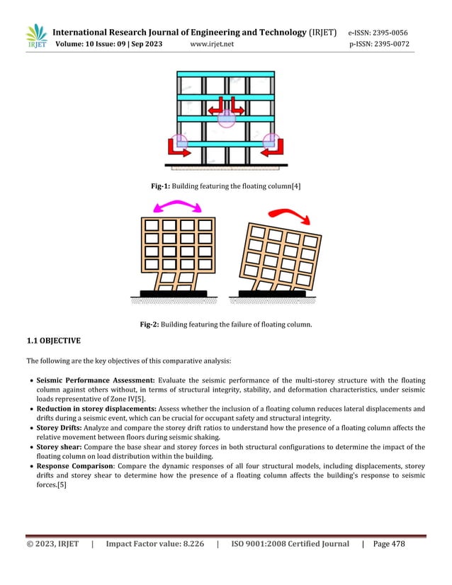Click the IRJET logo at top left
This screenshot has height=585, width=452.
pyautogui.click(x=35, y=38)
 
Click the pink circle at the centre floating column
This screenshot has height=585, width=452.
pyautogui.click(x=226, y=118)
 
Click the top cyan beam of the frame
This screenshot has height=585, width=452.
pyautogui.click(x=226, y=73)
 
